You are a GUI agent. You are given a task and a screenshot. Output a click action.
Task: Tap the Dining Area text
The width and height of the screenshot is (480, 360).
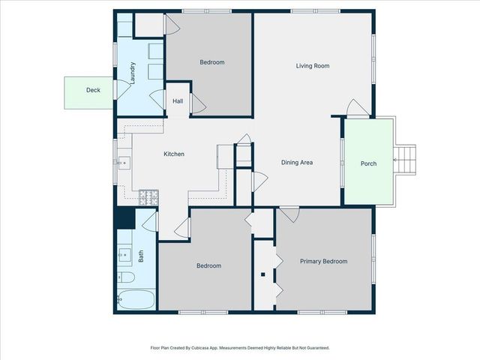coord(297,162)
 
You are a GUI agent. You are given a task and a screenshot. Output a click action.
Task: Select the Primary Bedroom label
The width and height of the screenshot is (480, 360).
coord(323,261)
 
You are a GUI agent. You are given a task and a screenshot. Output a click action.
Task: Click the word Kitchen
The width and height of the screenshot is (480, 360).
coord(174,154)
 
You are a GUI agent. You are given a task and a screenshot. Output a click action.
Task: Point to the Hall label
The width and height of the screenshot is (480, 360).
coord(178,101)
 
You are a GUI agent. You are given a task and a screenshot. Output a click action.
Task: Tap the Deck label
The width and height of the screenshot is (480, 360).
coord(93,90)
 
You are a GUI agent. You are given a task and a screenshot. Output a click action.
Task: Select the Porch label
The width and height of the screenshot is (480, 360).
coord(368,163)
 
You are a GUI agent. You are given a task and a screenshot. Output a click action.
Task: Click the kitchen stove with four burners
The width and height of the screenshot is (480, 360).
coord(149,197)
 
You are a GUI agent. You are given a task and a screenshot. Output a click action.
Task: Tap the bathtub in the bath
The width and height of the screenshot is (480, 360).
coord(136,300)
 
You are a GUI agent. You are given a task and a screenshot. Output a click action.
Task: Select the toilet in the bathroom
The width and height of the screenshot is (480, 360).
coord(126,278)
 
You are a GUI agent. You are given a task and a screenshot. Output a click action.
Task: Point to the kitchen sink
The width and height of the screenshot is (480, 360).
coord(124,161)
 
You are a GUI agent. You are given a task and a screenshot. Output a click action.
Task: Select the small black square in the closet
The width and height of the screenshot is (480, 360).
coord(262,274)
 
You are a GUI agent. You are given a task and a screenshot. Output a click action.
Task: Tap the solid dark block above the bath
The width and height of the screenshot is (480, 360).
coord(124,218)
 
